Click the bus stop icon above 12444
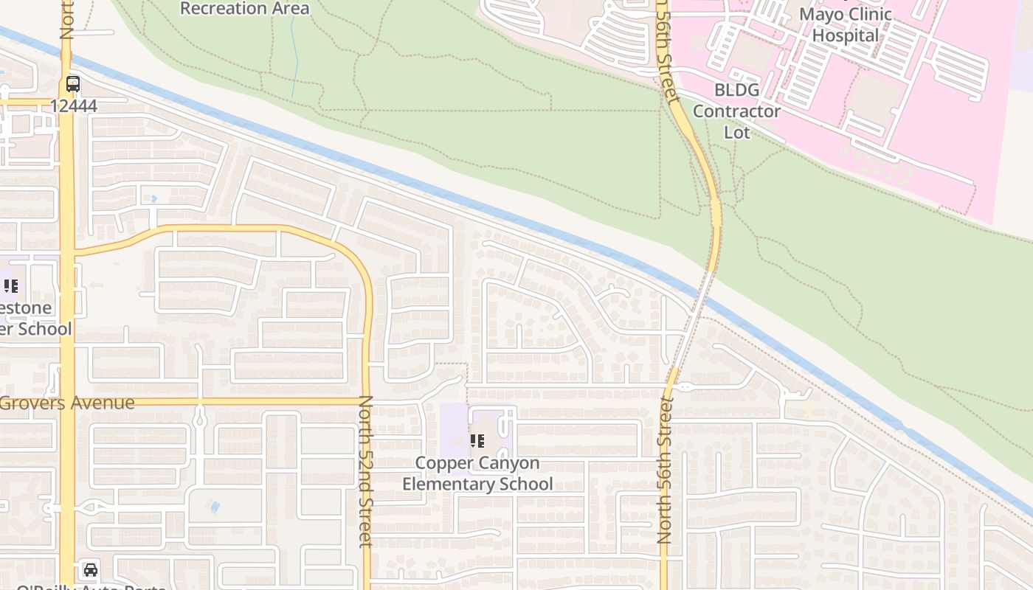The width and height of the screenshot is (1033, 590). (72, 83)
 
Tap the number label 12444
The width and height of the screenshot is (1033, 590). (74, 105)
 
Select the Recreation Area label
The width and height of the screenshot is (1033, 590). (244, 9)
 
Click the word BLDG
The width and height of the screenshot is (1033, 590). (736, 90)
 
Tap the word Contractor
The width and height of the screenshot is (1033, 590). (736, 111)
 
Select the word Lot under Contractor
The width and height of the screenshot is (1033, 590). (736, 132)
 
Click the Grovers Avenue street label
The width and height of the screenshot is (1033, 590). (67, 403)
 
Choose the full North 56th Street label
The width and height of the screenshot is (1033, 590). (666, 471)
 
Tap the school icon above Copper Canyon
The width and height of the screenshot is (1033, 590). (477, 441)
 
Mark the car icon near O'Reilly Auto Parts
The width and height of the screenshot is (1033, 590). (90, 569)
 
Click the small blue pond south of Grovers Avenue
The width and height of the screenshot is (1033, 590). (215, 507)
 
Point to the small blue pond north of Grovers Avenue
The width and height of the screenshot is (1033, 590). (153, 199)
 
